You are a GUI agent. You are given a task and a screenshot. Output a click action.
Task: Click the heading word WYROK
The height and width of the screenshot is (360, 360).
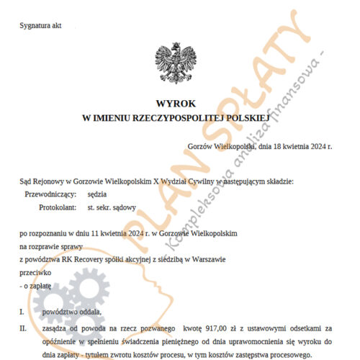coord(179,103)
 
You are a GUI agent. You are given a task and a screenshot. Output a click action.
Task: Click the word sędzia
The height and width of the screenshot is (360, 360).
coord(99,194)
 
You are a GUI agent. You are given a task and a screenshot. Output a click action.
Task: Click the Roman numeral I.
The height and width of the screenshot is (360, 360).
coord(22,312)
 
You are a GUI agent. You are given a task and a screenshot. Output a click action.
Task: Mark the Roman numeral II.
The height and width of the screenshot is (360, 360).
coord(23,328)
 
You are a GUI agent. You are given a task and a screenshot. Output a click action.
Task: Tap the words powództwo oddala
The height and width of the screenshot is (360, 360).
coord(71,312)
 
